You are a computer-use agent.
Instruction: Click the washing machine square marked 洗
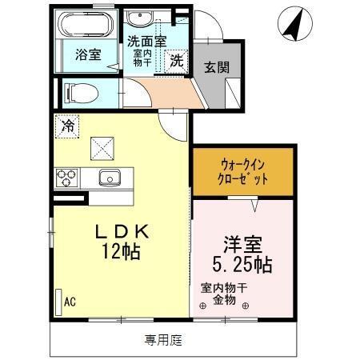click(x=177, y=59)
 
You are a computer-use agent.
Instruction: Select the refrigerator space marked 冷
click(x=69, y=126)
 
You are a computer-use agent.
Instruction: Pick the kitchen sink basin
click(x=108, y=177)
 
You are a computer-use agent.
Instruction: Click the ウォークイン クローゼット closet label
click(x=242, y=171)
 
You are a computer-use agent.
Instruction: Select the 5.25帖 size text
click(x=242, y=264)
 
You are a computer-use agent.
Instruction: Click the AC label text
click(x=70, y=301)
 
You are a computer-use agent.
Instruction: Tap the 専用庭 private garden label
click(x=163, y=340)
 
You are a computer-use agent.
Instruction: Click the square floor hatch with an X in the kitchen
click(x=102, y=146)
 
